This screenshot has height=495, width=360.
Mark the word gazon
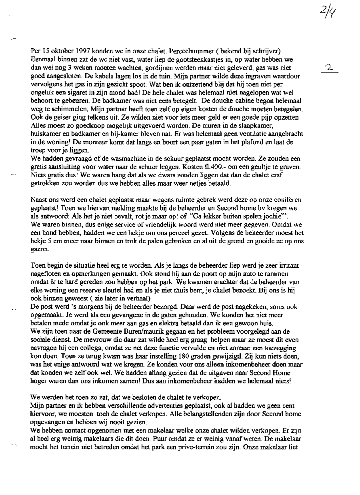[40, 249]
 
